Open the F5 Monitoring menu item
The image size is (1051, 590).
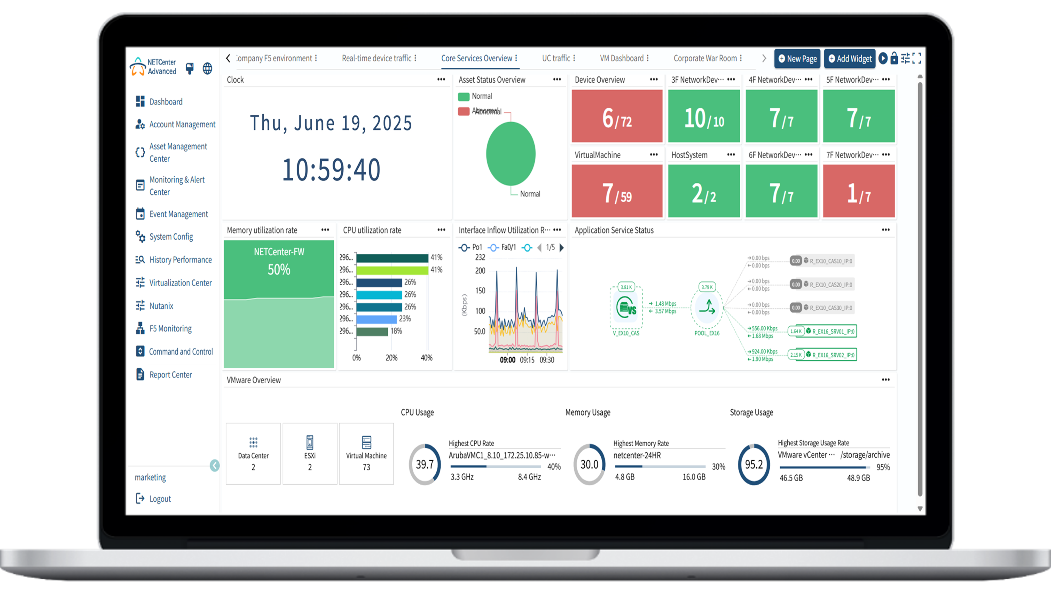pos(170,328)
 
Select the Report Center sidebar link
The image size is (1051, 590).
pos(170,375)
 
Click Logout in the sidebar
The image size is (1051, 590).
pos(160,499)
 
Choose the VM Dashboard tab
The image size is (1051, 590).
pos(621,58)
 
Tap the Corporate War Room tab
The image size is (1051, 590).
pos(705,58)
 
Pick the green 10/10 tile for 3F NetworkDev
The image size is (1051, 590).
pos(704,116)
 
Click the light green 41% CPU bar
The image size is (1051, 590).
pos(392,270)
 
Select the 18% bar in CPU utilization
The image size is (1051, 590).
pos(372,331)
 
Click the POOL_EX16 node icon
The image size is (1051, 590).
pos(707,308)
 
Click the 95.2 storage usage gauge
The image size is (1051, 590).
pos(754,464)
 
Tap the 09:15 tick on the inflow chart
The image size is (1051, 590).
pos(527,360)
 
